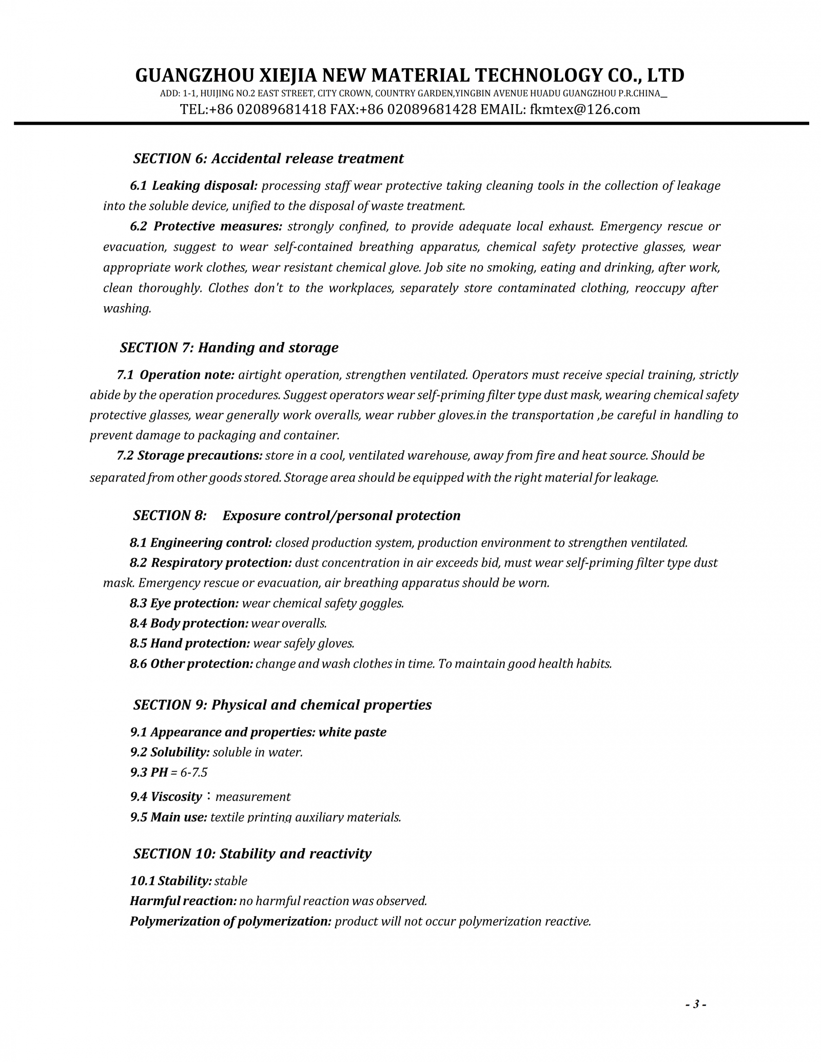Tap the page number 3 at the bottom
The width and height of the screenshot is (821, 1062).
click(x=696, y=1004)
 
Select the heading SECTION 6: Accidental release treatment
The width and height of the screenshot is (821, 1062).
click(x=268, y=158)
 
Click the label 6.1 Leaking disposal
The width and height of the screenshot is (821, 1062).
click(x=193, y=186)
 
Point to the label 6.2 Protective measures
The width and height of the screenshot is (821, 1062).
click(x=206, y=226)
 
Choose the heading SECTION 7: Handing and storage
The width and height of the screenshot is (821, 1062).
click(x=229, y=348)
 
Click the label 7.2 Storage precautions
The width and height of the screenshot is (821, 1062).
click(x=189, y=455)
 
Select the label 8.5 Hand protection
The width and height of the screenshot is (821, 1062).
click(x=190, y=643)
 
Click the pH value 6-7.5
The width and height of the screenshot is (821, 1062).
click(x=193, y=772)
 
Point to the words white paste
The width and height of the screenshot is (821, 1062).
click(x=353, y=732)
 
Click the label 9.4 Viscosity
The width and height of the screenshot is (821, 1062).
click(x=166, y=796)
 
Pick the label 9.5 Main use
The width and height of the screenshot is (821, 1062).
click(x=168, y=817)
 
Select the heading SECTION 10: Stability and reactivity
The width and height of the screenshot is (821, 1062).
click(x=252, y=853)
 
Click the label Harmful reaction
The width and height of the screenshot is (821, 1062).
click(x=183, y=900)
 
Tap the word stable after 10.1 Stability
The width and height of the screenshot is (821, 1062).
click(x=231, y=881)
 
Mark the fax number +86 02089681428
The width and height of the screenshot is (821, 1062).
click(x=418, y=109)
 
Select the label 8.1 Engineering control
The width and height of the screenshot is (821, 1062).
click(x=201, y=543)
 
